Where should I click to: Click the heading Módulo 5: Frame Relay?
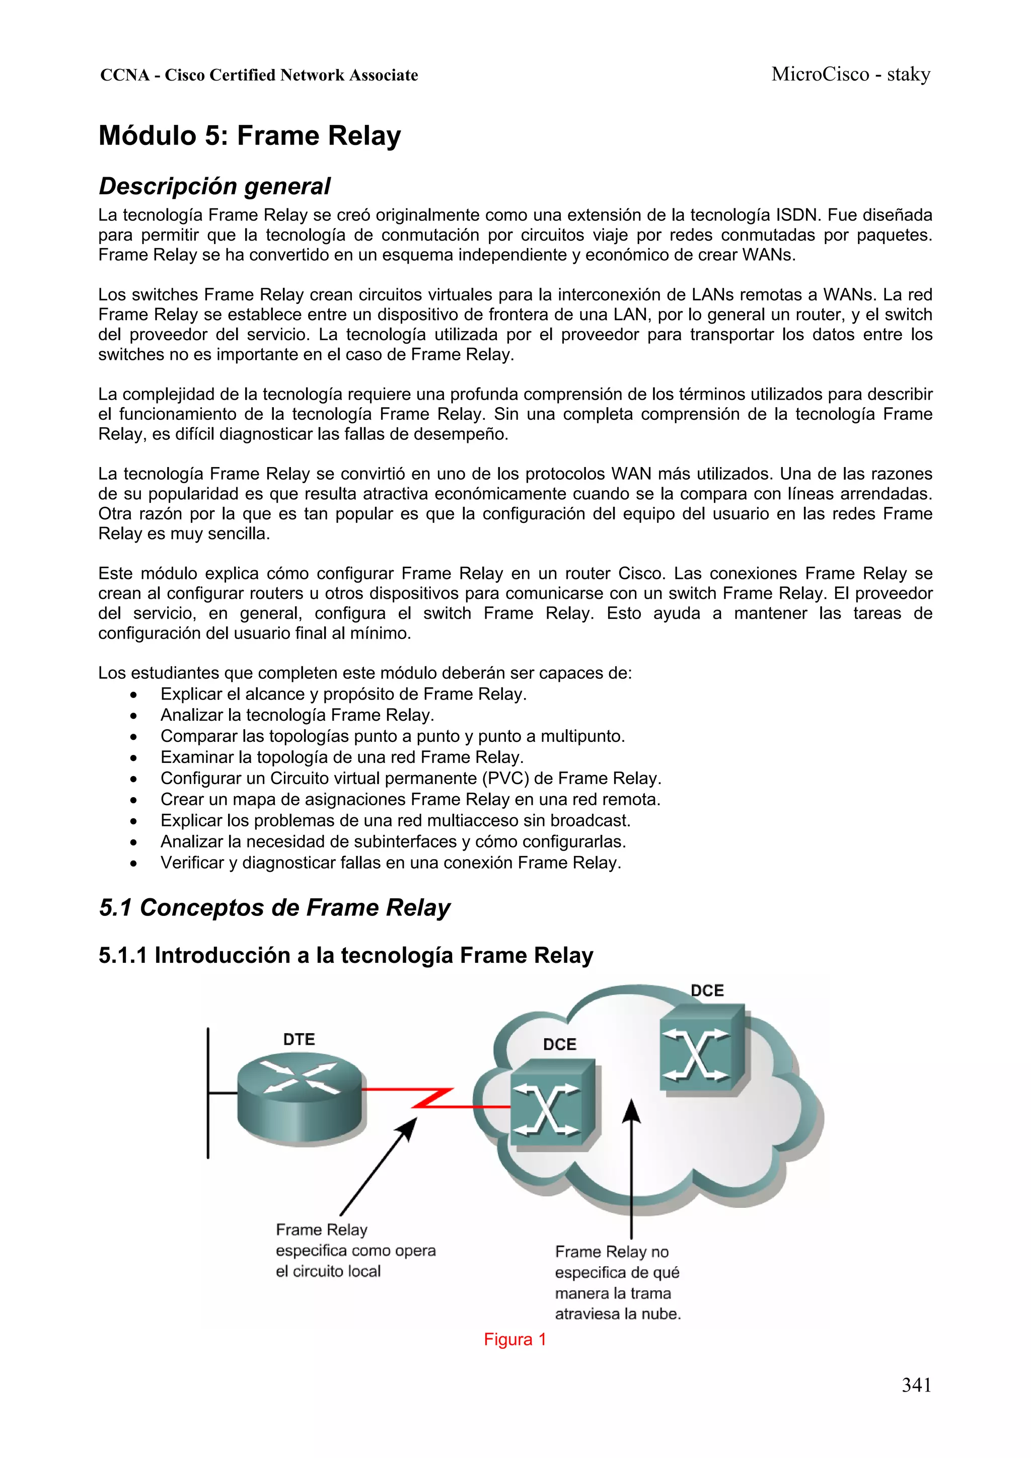[x=250, y=136]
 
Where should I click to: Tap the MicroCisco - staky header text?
[x=851, y=74]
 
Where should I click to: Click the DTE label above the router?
[x=299, y=1040]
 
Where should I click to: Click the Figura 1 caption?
[x=514, y=1339]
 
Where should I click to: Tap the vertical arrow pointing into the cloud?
[x=631, y=1169]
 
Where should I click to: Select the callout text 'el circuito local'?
[x=328, y=1271]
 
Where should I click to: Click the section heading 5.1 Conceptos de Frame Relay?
[x=274, y=907]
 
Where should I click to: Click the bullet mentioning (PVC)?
[x=410, y=779]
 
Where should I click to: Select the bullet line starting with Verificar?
[x=390, y=863]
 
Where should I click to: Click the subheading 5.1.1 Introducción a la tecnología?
[x=345, y=955]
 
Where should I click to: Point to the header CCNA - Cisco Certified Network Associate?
[x=259, y=75]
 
